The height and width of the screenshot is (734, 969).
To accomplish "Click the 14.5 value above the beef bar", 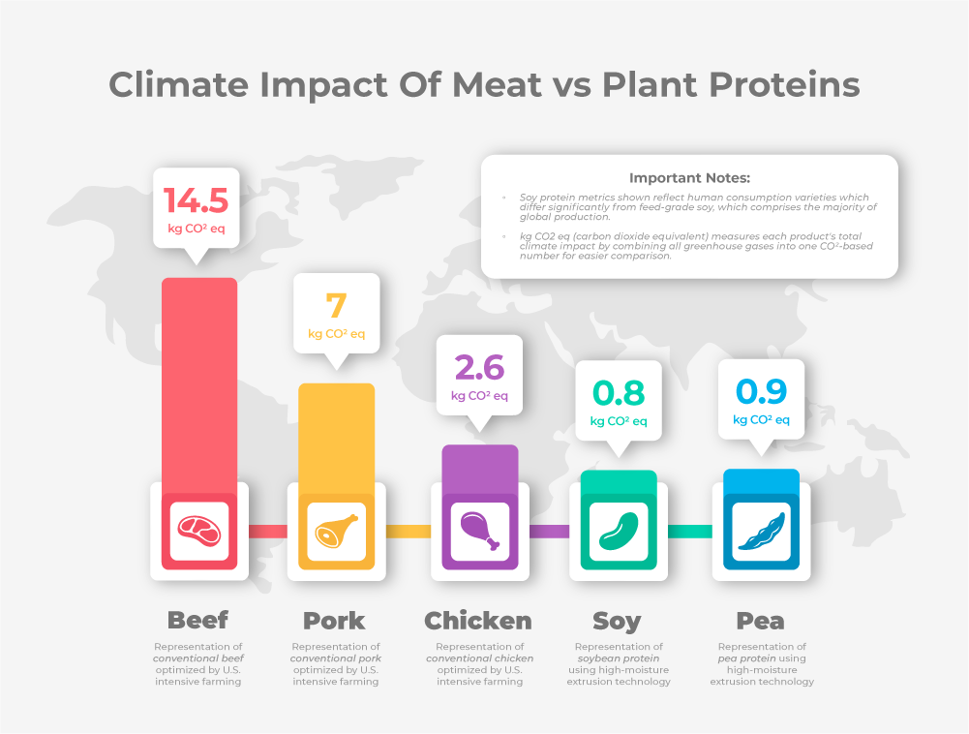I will point(196,200).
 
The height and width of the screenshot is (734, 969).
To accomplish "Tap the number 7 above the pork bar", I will point(336,306).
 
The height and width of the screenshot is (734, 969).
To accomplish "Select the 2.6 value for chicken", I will point(479,368).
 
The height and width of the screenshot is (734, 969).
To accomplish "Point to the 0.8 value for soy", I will point(619,393).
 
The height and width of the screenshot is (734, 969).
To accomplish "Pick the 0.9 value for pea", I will point(761,391).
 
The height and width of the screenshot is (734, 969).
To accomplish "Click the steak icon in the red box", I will point(199,531).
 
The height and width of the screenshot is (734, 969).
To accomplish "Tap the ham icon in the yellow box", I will point(336,531).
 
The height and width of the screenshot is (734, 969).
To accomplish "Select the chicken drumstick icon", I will point(479,531).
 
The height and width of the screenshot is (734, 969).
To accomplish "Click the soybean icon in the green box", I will point(619,531).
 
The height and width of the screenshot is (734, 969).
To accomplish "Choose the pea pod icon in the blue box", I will point(761,531).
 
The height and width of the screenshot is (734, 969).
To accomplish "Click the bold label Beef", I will point(198,621).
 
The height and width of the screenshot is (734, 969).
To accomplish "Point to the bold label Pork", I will point(335,621).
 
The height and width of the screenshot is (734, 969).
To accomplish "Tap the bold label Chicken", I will point(478,621).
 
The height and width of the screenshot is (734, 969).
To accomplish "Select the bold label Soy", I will point(618,621).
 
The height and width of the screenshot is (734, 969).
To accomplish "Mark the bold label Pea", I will point(761,621).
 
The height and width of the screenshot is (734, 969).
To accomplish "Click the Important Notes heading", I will point(689,178).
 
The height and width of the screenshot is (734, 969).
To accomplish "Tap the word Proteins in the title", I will point(781,85).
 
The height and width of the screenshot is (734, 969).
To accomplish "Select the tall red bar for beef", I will point(199,378).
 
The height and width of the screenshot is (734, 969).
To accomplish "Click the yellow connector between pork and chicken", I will point(408,531).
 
